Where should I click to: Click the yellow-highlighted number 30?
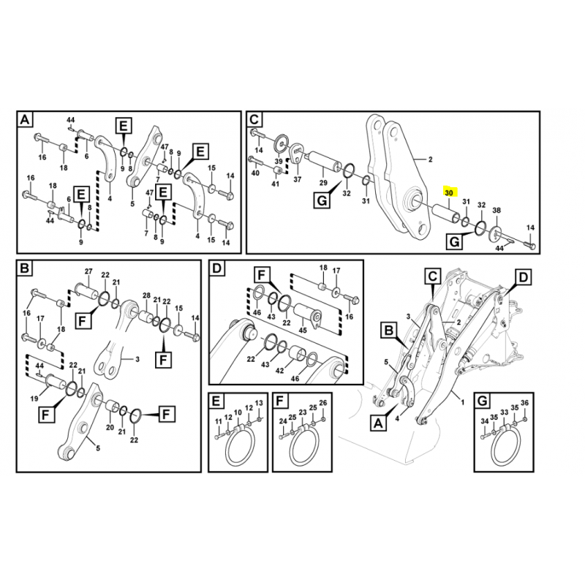[449, 193]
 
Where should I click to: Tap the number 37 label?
[298, 179]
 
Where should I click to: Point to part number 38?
[497, 210]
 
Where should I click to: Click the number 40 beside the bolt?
[254, 173]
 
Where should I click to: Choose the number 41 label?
[276, 184]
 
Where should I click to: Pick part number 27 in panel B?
[88, 272]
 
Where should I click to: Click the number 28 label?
[146, 296]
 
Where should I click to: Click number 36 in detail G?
[524, 404]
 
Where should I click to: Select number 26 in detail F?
[322, 404]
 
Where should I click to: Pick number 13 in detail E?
[258, 404]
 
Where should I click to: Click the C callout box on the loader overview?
[432, 276]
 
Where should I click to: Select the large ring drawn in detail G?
[505, 448]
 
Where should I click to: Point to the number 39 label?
[279, 161]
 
